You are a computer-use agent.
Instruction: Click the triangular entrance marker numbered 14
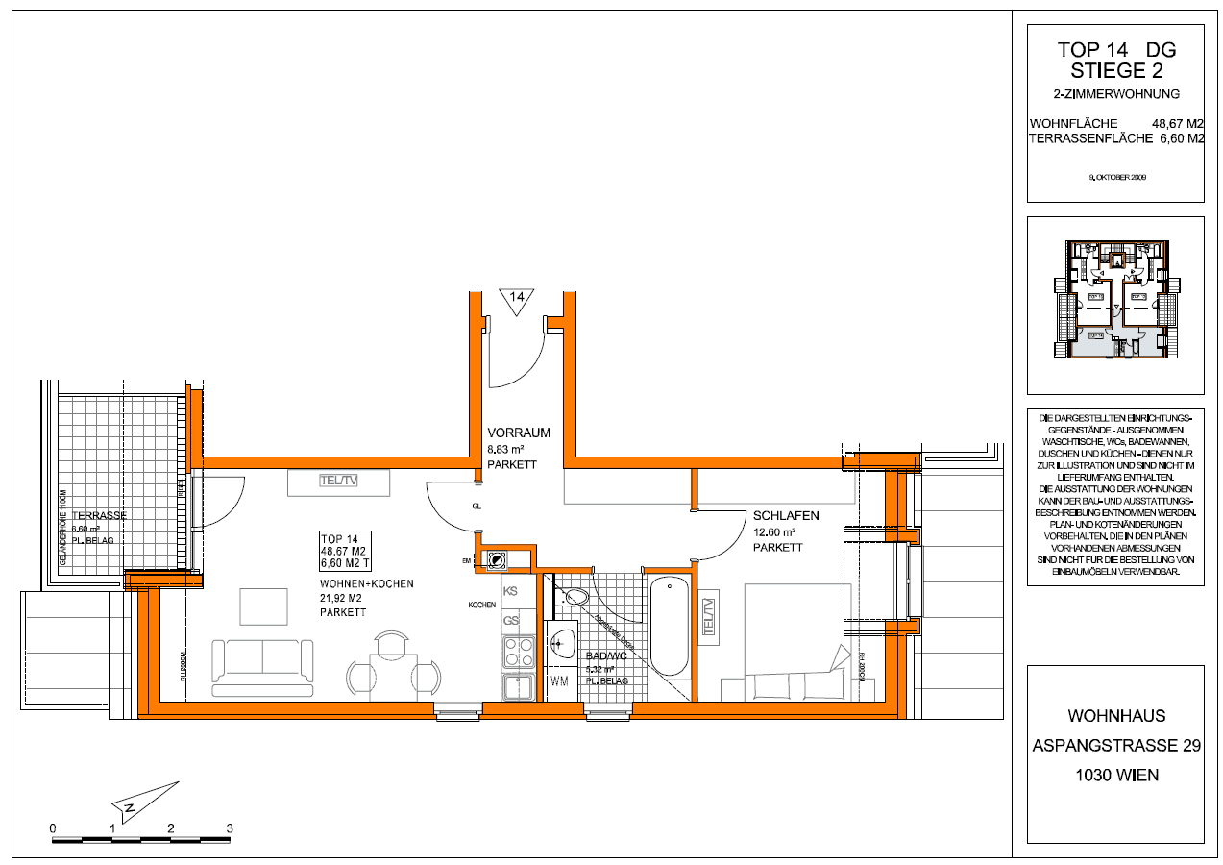click(514, 301)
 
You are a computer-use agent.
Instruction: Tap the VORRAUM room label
click(519, 433)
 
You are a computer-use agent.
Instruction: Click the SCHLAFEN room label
click(786, 516)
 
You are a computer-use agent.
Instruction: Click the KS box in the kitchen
click(511, 592)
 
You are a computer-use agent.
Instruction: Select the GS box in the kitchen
click(511, 621)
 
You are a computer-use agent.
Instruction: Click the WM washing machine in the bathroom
click(560, 682)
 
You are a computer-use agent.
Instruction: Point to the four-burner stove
click(519, 653)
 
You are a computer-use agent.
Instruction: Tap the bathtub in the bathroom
click(669, 628)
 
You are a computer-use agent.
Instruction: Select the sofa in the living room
click(262, 666)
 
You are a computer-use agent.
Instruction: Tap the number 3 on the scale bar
click(230, 828)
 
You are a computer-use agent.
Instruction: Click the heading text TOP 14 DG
click(1115, 50)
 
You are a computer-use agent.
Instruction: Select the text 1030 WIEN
click(1114, 776)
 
